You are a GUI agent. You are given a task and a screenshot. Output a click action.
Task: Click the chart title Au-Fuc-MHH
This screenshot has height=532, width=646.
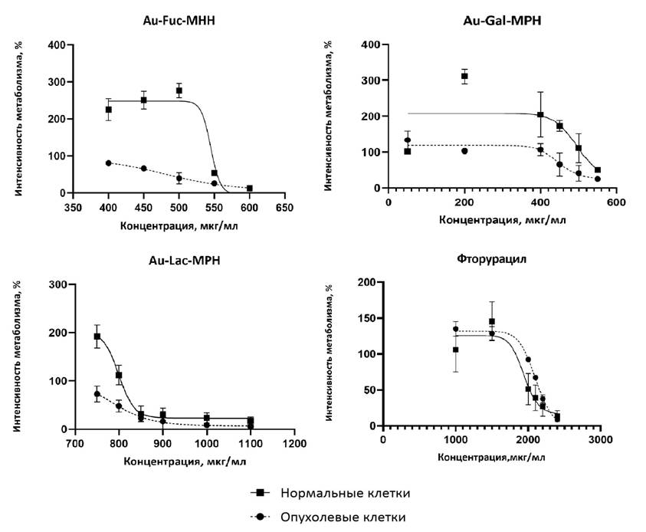pos(177,22)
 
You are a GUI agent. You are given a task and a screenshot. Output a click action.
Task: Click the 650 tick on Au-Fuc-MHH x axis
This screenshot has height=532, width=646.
pos(284,207)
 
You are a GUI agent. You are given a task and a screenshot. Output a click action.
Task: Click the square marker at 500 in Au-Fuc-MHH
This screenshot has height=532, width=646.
pos(179,90)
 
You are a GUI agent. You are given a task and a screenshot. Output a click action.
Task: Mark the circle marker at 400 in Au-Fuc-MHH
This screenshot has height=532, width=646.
pos(109,163)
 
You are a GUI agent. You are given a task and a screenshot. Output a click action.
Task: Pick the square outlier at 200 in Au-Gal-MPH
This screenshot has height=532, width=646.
pos(464,76)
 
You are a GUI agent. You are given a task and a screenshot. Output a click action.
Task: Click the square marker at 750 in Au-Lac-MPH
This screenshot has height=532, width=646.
pos(97,336)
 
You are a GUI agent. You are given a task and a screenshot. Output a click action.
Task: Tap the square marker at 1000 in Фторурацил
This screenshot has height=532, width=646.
pos(455,350)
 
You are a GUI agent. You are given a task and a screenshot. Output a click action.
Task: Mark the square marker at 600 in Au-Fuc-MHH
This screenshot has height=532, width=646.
pos(249,188)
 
